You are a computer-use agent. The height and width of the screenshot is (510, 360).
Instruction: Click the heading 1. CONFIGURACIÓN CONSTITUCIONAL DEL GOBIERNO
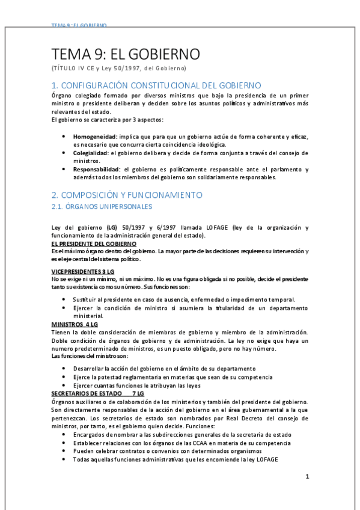[x=156, y=85]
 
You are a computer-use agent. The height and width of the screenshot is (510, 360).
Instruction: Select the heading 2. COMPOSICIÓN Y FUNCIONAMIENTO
[x=127, y=195]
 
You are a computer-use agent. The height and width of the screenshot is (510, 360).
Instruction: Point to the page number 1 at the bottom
[x=307, y=477]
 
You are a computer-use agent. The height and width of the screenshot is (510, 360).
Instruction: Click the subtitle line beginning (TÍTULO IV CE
[x=119, y=68]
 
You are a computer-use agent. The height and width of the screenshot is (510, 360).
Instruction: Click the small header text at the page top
[x=79, y=26]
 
